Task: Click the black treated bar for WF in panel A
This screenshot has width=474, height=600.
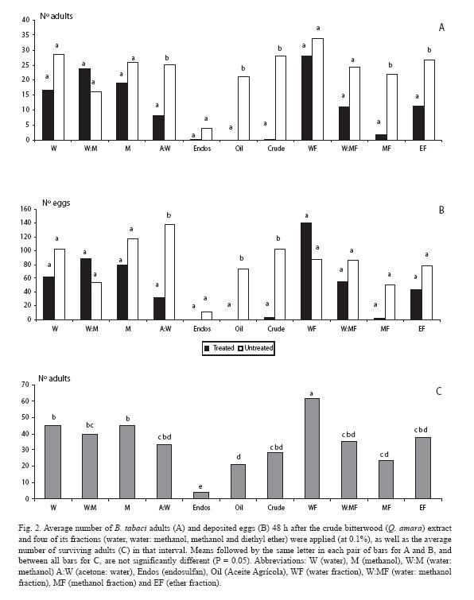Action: [307, 98]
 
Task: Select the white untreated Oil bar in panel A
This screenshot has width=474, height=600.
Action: [243, 108]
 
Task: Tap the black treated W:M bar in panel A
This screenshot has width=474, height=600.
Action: [84, 104]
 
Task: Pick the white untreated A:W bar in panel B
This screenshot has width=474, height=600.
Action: [169, 272]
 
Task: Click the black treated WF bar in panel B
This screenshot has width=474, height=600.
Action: [306, 271]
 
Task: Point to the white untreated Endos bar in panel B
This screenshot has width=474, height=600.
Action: [207, 315]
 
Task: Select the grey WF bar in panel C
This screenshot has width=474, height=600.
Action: [312, 448]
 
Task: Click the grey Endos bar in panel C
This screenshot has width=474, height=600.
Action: [201, 496]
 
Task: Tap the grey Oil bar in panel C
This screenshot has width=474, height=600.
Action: [238, 482]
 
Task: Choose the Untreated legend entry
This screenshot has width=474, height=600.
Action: [256, 348]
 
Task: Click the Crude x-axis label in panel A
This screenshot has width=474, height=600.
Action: [276, 149]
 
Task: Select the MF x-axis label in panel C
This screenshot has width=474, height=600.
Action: [387, 507]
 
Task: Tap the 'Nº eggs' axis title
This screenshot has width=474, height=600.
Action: [56, 203]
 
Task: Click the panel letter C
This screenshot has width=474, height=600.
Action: [439, 391]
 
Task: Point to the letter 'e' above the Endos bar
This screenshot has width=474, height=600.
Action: [200, 486]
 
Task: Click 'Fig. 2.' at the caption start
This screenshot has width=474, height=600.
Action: [29, 528]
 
